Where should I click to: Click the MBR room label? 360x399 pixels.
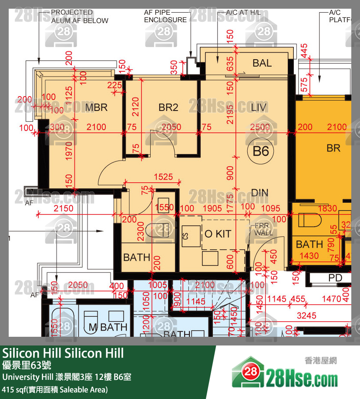pyautogui.click(x=96, y=107)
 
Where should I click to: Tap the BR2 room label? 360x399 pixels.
pyautogui.click(x=168, y=107)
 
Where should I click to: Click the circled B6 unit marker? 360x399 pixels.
pyautogui.click(x=261, y=151)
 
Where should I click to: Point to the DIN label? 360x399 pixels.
pyautogui.click(x=259, y=193)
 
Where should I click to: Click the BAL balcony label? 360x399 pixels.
pyautogui.click(x=262, y=63)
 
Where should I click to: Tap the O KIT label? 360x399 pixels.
pyautogui.click(x=218, y=234)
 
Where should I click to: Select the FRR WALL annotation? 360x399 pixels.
pyautogui.click(x=263, y=229)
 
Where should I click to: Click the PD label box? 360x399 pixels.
pyautogui.click(x=335, y=278)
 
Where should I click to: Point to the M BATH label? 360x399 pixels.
pyautogui.click(x=108, y=327)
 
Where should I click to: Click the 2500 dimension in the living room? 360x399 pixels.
pyautogui.click(x=260, y=127)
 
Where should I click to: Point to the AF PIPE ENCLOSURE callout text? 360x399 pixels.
pyautogui.click(x=165, y=16)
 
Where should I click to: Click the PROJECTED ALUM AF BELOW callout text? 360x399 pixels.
pyautogui.click(x=80, y=16)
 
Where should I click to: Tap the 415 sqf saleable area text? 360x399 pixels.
pyautogui.click(x=55, y=389)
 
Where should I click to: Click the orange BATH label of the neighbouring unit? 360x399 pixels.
pyautogui.click(x=310, y=245)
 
